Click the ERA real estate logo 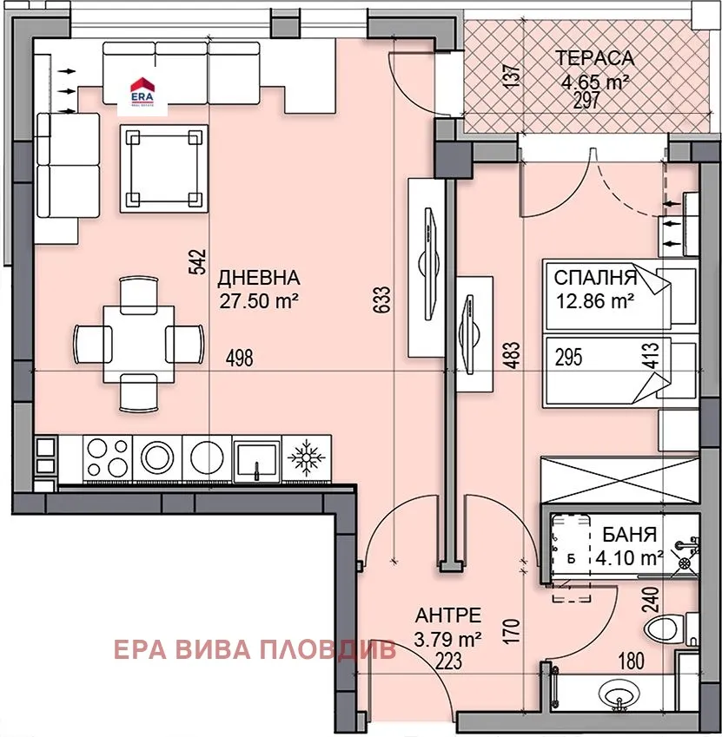[140, 90]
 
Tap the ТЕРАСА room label [595, 59]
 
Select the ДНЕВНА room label [258, 279]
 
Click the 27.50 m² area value [260, 301]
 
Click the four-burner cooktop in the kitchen [108, 457]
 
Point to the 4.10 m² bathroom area [629, 556]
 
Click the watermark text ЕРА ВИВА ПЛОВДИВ [254, 648]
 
